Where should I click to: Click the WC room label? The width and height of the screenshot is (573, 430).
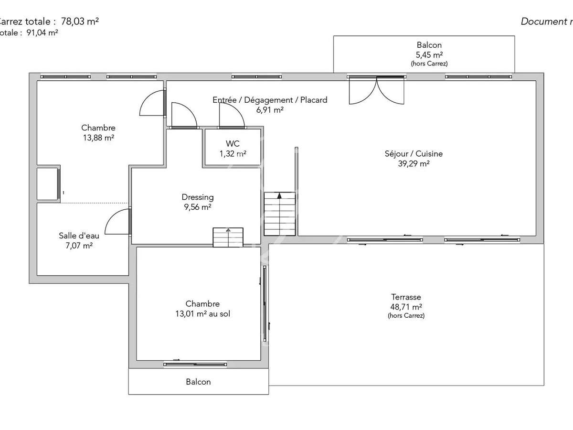click(x=233, y=144)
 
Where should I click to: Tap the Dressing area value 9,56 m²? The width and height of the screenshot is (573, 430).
click(x=197, y=207)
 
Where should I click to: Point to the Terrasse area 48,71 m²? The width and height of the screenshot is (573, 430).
click(x=406, y=307)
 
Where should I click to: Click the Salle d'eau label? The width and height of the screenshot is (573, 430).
click(x=79, y=236)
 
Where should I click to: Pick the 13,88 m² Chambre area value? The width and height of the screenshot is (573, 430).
click(x=98, y=138)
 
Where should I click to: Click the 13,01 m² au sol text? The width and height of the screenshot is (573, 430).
click(x=203, y=314)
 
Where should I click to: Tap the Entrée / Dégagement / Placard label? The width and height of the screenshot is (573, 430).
click(x=270, y=100)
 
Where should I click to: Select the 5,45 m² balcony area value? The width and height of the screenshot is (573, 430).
click(x=429, y=54)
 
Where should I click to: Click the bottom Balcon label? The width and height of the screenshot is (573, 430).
click(x=198, y=382)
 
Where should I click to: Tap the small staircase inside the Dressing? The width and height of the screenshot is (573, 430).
click(x=228, y=237)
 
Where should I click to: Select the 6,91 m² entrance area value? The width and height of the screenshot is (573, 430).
click(x=270, y=109)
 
